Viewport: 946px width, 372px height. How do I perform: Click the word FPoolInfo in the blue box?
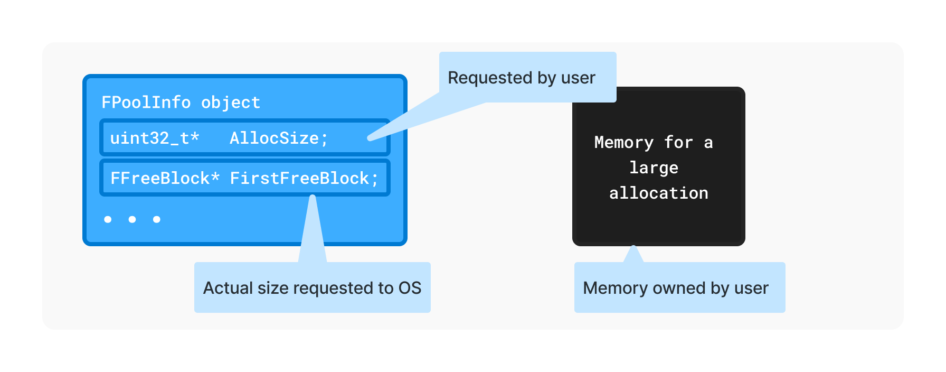[146, 102]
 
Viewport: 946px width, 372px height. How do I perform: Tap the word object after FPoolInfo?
[231, 102]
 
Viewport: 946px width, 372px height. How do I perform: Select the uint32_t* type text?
[154, 138]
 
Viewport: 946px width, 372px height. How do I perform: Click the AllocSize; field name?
[279, 138]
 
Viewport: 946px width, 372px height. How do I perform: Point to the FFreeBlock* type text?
[165, 178]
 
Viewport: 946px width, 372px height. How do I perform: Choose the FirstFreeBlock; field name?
[304, 178]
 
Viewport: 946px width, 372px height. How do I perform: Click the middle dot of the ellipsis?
[132, 219]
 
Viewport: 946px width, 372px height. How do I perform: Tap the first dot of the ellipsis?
[108, 219]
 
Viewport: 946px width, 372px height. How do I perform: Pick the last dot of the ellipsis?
[157, 219]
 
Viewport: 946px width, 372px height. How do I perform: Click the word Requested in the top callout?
[490, 78]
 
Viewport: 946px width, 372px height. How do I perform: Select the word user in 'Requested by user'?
[578, 78]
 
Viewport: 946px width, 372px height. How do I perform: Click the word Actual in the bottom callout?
[228, 288]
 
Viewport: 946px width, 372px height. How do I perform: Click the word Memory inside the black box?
[624, 142]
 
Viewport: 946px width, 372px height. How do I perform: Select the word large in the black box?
[654, 168]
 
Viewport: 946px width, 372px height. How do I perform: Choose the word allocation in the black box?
[658, 193]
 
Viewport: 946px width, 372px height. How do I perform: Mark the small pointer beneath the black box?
[633, 253]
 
